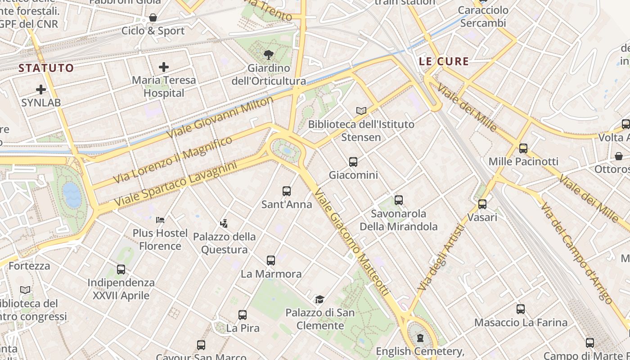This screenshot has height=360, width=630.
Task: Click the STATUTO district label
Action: click(x=46, y=68)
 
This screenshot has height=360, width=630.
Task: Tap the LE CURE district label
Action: click(x=444, y=61)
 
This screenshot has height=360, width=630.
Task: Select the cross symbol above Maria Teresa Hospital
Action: click(x=164, y=67)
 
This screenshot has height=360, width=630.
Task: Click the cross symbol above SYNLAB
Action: click(x=41, y=90)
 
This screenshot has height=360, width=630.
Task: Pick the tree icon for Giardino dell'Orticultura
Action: click(x=269, y=55)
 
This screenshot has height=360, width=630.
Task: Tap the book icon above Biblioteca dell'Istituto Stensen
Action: click(x=361, y=110)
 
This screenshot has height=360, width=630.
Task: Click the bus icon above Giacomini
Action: click(x=353, y=162)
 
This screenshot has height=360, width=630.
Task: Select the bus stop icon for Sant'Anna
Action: click(x=287, y=191)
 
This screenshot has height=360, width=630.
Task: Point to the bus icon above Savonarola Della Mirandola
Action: click(x=399, y=200)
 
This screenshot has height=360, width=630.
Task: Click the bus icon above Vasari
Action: click(x=482, y=204)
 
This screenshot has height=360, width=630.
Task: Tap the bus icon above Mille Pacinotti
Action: click(x=523, y=148)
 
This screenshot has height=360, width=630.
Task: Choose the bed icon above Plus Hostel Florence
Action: click(x=160, y=220)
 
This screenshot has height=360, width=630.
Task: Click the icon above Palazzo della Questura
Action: click(x=224, y=223)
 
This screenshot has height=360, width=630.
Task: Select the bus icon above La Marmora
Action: click(x=271, y=261)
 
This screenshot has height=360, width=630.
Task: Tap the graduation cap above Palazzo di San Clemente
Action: click(x=319, y=299)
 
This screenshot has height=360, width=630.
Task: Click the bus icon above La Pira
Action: click(x=243, y=315)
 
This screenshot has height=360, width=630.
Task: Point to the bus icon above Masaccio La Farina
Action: click(x=521, y=309)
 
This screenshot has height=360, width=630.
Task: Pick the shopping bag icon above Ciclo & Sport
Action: click(x=153, y=18)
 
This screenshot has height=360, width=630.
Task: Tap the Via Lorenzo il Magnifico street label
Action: click(x=173, y=160)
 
